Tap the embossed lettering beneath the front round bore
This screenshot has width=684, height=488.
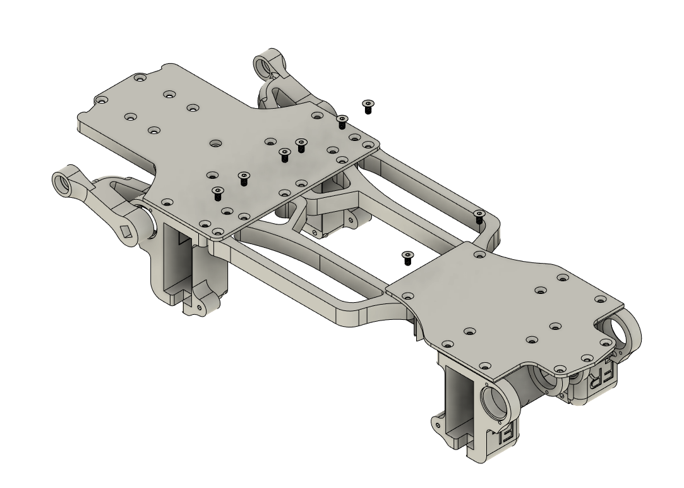pos(507,434)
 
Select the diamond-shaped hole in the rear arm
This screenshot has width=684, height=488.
pos(128,230)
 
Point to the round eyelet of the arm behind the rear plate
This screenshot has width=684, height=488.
pos(261,65)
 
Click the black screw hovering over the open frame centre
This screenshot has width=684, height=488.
pos(407,256)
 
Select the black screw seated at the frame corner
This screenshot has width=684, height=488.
pos(479,217)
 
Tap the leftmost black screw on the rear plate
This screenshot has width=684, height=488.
pos(218,193)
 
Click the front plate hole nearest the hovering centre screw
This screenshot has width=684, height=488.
pos(407,295)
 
